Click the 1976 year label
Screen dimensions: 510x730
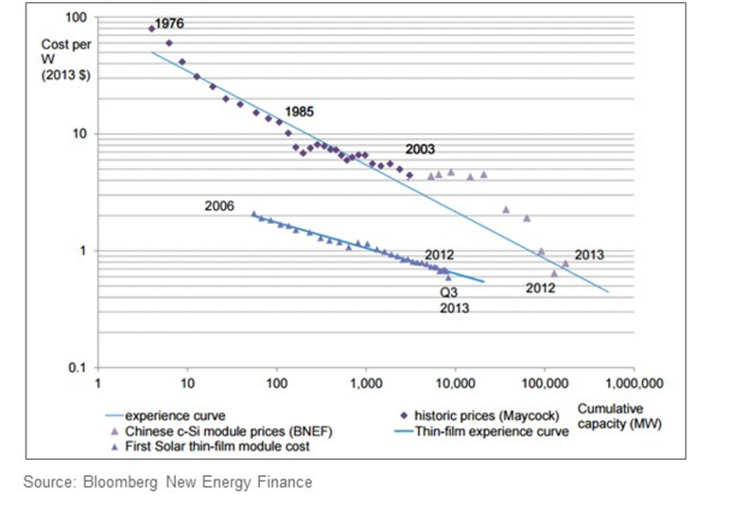point(169,23)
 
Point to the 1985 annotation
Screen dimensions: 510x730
point(299,112)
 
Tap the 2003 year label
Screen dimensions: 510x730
point(419,149)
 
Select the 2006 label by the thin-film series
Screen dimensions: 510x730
point(220,206)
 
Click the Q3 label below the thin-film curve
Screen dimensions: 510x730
point(448,293)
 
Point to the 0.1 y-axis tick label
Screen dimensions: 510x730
point(77,368)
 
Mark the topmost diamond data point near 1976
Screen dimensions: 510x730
point(152,28)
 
